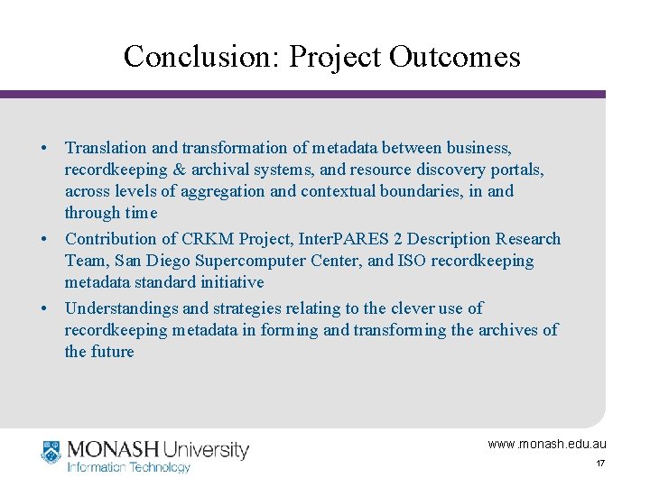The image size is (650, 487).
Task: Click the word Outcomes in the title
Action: (455, 57)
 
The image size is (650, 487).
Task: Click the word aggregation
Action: (222, 191)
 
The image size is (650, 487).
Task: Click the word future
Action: (112, 352)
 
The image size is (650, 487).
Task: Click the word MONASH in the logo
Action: (112, 448)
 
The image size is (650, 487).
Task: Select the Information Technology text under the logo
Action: (129, 467)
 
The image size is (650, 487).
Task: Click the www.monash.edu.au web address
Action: (547, 444)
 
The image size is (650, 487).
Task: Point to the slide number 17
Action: (599, 464)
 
